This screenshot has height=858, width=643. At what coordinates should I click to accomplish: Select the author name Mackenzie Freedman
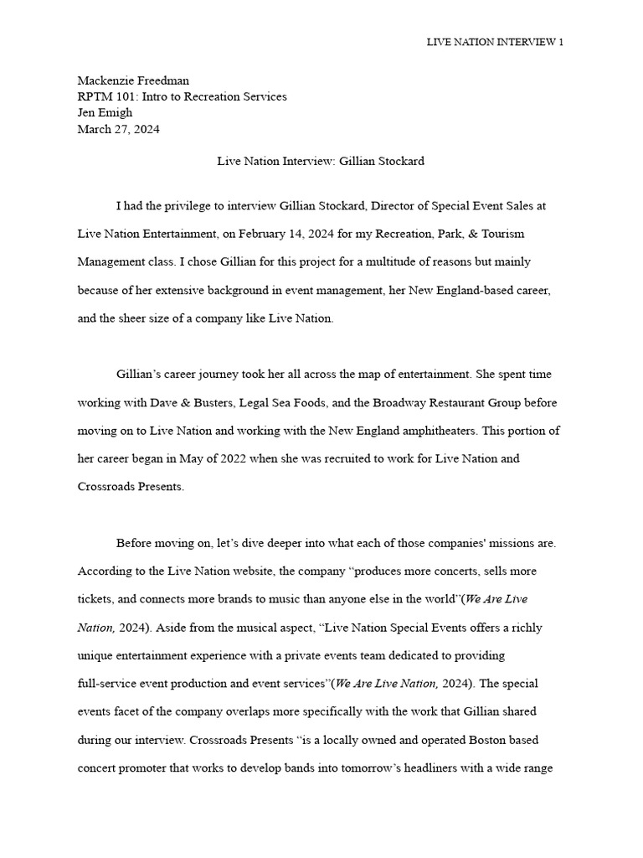click(133, 80)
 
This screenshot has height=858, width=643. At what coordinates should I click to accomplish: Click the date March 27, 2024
click(118, 129)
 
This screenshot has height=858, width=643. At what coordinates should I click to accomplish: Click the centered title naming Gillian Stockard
click(321, 161)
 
